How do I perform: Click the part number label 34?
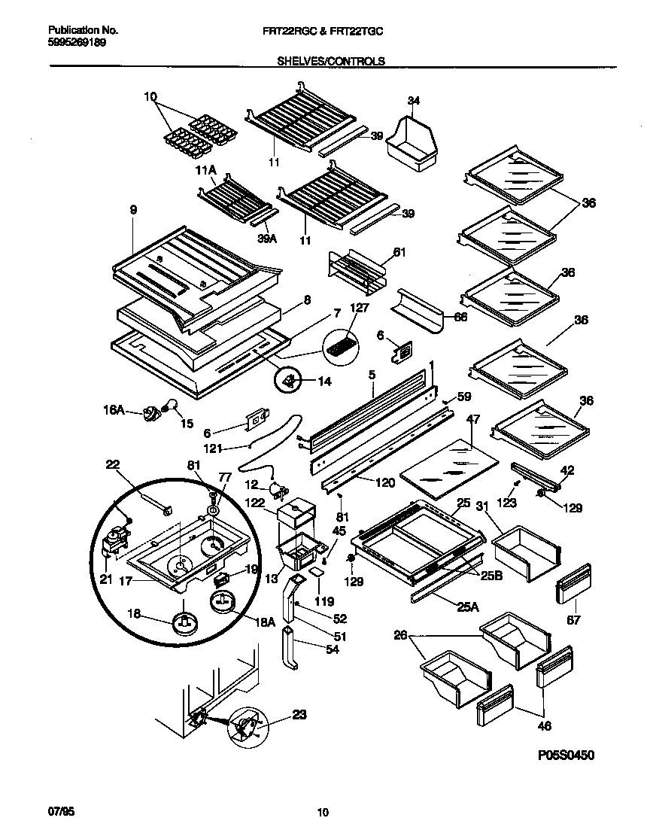413,101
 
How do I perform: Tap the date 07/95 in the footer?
60,812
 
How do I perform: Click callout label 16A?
114,410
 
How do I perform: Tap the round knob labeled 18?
184,622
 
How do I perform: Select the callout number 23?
299,717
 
